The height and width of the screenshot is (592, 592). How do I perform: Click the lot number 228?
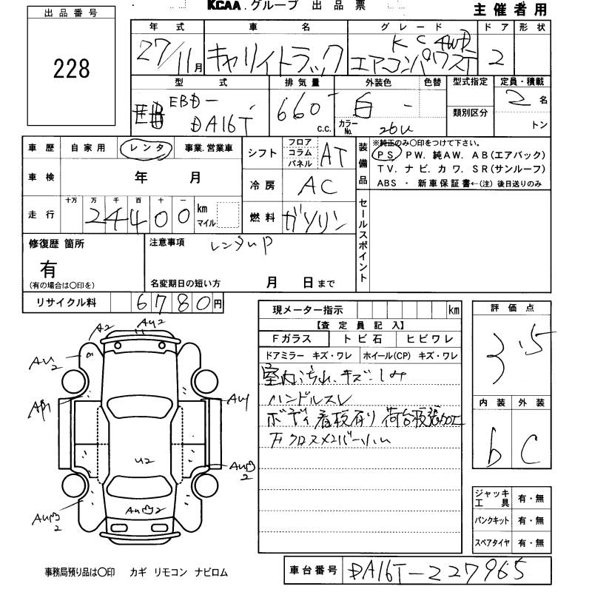(x=72, y=69)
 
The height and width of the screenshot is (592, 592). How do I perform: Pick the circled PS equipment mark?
(x=385, y=155)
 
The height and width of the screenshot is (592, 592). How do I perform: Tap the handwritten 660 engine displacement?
(x=300, y=112)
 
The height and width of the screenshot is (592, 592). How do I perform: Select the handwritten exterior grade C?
(x=529, y=443)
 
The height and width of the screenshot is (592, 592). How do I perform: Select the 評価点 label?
(x=511, y=308)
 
